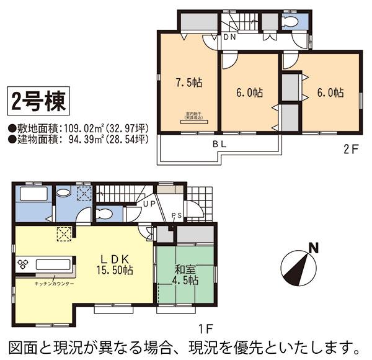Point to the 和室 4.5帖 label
(184, 274)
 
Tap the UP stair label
(149, 204)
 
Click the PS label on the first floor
(177, 215)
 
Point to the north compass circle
(296, 267)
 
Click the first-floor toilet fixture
(105, 214)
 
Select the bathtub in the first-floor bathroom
(31, 194)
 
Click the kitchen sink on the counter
(50, 264)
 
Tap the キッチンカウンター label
(55, 284)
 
